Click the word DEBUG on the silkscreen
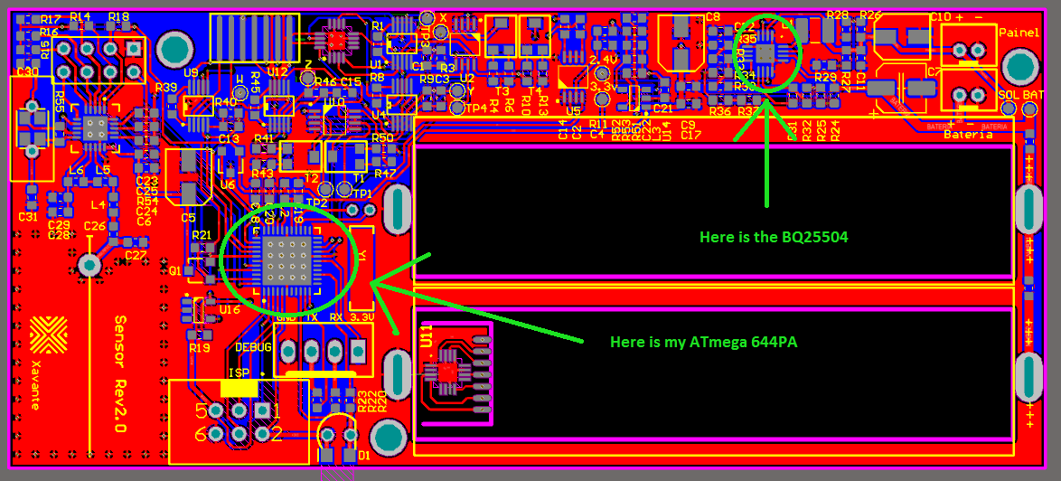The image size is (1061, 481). [253, 345]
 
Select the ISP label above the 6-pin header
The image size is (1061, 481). [239, 373]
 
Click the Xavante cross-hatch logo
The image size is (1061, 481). [48, 335]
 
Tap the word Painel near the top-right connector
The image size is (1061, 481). [1019, 32]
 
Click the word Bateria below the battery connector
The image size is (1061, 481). [967, 135]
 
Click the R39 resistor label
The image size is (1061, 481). [166, 88]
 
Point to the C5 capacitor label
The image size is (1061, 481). [189, 217]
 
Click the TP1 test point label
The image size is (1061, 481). [361, 193]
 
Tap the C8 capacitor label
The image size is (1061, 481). [713, 16]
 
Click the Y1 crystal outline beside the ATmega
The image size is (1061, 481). [362, 268]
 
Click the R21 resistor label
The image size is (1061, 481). [202, 235]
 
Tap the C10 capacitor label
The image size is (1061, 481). [940, 16]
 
